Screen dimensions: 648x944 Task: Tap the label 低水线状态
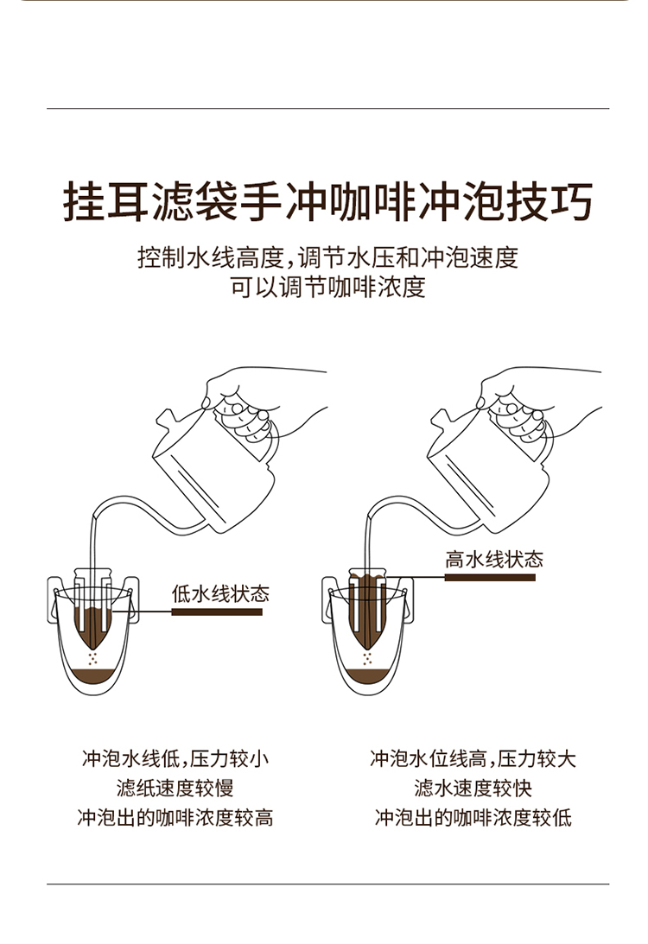click(219, 593)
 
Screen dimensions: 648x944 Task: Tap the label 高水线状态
click(494, 560)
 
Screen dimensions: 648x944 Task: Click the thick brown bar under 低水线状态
click(217, 611)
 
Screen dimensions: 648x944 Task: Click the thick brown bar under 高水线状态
click(490, 577)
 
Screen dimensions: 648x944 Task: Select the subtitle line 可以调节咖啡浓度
click(327, 288)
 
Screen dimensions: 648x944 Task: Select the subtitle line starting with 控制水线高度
click(327, 257)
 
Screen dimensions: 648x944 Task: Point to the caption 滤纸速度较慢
click(175, 788)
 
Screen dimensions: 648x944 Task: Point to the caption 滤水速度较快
click(473, 788)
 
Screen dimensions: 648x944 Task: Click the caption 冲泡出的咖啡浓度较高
click(175, 818)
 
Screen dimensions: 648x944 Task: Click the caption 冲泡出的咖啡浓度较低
click(473, 818)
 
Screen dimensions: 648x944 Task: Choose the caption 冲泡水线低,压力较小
click(175, 758)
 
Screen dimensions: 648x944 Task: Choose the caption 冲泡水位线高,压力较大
click(473, 758)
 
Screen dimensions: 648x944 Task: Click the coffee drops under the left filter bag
click(92, 658)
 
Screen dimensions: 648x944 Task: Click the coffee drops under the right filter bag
click(366, 658)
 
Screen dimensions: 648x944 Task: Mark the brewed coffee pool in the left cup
click(92, 676)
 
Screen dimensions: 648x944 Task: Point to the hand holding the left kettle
click(259, 402)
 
